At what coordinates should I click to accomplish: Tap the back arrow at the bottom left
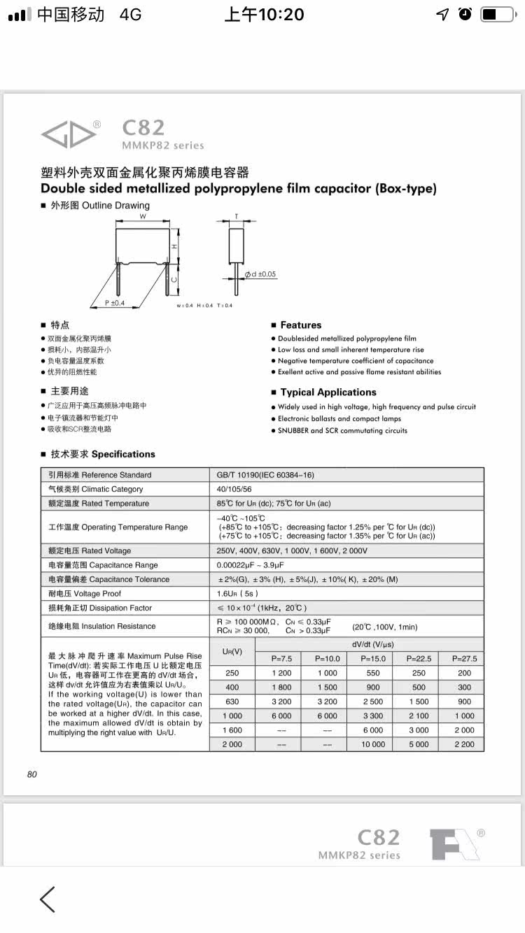coord(48,899)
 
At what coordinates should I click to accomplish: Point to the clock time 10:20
coord(264,14)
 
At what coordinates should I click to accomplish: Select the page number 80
coord(32,774)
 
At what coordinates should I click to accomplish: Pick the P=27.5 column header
coord(465,658)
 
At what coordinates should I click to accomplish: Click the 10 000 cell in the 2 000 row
coord(373,744)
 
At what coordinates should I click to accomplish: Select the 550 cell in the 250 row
coord(373,673)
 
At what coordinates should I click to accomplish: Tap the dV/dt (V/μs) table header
coord(370,643)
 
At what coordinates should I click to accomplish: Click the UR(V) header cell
coord(232,651)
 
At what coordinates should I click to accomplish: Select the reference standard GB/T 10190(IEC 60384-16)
coord(266,475)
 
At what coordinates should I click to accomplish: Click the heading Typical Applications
coord(328,392)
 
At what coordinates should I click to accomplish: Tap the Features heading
coord(301,325)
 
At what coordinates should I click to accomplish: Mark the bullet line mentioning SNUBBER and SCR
coord(342,431)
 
